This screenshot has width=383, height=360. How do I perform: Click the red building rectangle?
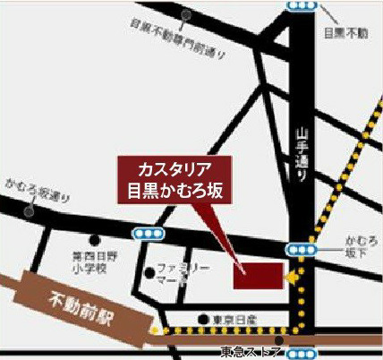click(x=258, y=276)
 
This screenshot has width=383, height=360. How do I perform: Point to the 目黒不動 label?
click(x=345, y=33)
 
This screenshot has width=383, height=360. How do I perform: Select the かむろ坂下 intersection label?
click(x=354, y=247)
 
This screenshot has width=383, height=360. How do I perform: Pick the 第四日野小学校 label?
click(x=89, y=261)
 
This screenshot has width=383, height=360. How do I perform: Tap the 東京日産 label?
click(x=234, y=319)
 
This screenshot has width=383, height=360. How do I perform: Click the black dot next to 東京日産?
click(x=204, y=319)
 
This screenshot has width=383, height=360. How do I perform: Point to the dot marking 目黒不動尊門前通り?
click(x=185, y=15)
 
